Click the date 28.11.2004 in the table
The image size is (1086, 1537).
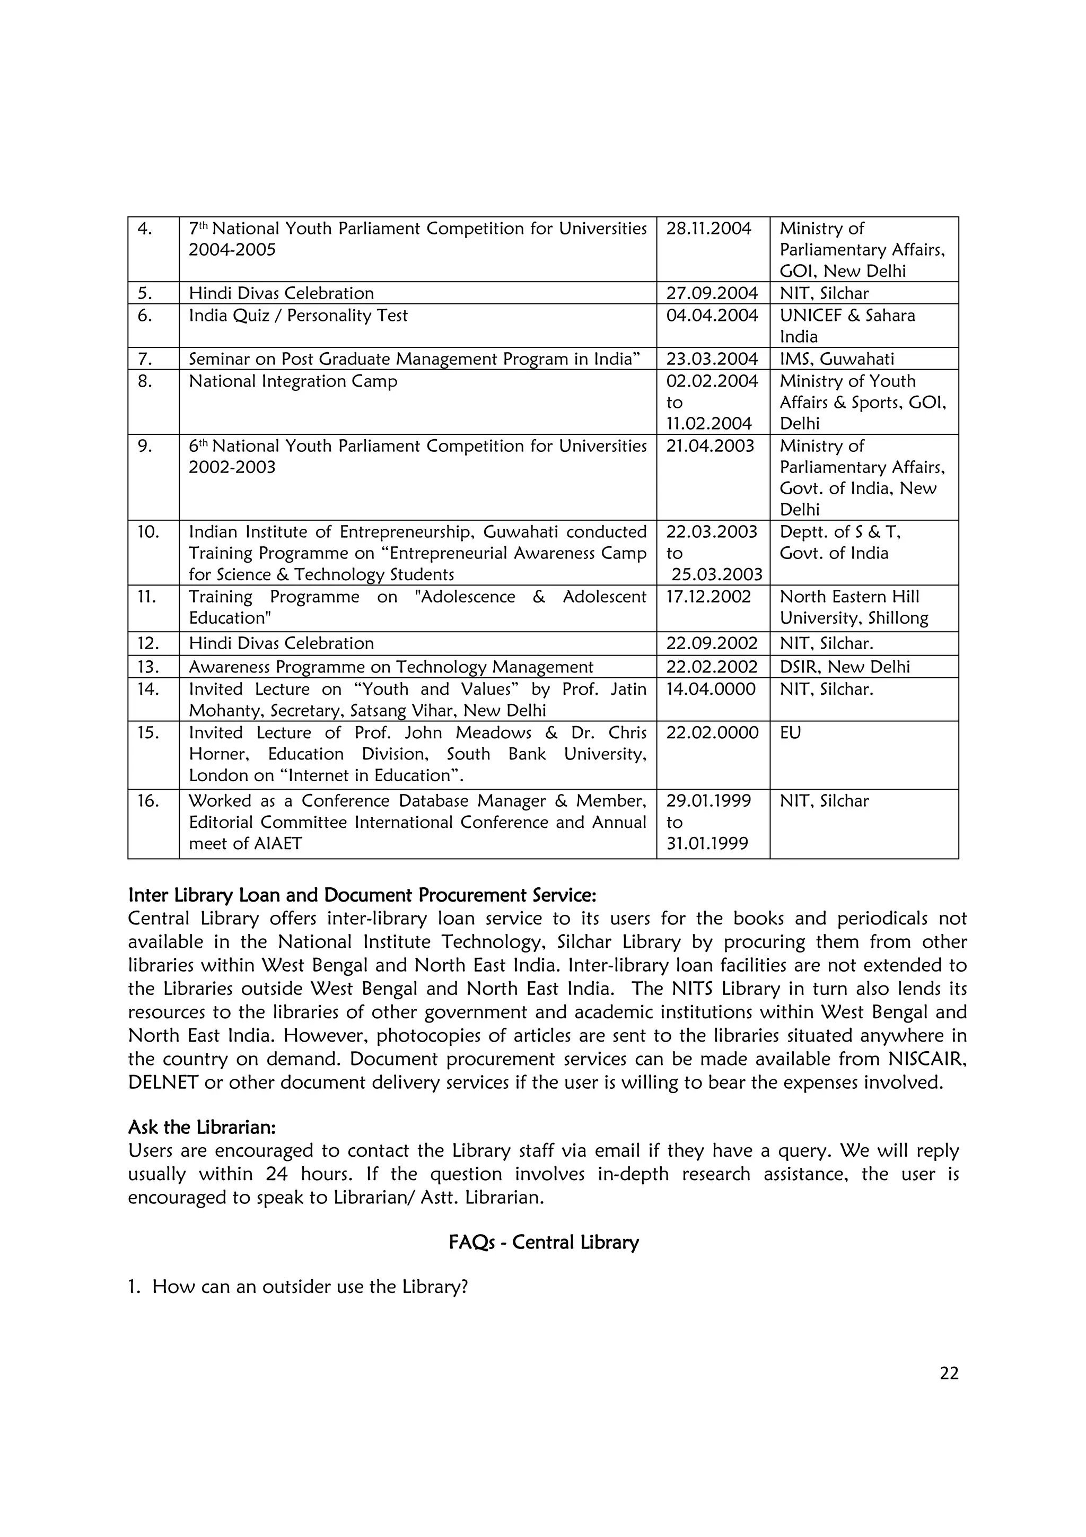(x=708, y=229)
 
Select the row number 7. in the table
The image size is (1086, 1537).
(x=145, y=359)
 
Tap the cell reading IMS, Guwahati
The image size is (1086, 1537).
(x=836, y=359)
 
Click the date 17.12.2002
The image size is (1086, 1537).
(x=708, y=597)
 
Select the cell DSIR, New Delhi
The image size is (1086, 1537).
(x=844, y=667)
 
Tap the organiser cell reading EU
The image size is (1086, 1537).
(x=790, y=732)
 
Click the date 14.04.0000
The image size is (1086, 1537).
(x=711, y=689)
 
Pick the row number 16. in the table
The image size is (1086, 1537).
(x=148, y=801)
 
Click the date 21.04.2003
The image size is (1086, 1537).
(x=710, y=446)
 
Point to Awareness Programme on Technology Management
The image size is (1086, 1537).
(x=391, y=667)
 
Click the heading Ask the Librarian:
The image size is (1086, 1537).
(x=202, y=1128)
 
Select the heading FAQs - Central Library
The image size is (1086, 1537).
(x=544, y=1243)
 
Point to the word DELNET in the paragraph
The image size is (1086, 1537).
(x=163, y=1082)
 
